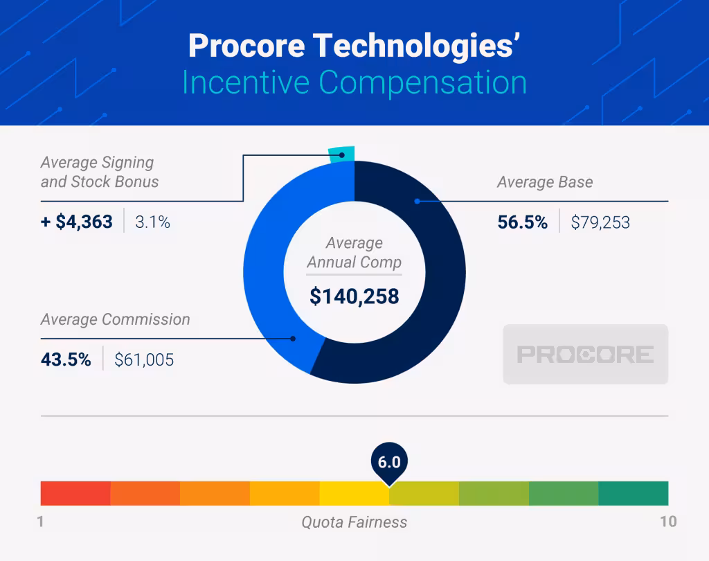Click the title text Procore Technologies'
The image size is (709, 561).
354,46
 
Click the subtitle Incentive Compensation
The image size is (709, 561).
354,82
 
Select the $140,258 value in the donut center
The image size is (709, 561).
354,296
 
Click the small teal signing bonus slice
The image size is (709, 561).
341,154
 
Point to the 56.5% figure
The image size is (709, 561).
522,222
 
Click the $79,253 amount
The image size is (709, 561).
600,222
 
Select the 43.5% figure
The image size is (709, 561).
66,359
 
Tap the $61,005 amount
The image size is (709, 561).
144,359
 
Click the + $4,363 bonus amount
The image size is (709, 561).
76,222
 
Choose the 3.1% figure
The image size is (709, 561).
152,222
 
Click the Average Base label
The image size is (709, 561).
545,183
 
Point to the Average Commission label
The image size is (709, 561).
115,320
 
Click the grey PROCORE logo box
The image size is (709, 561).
585,355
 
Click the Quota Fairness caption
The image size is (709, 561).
354,522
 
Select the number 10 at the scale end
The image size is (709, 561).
667,522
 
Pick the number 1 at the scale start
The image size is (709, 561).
41,522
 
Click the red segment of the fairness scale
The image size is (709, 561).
75,493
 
